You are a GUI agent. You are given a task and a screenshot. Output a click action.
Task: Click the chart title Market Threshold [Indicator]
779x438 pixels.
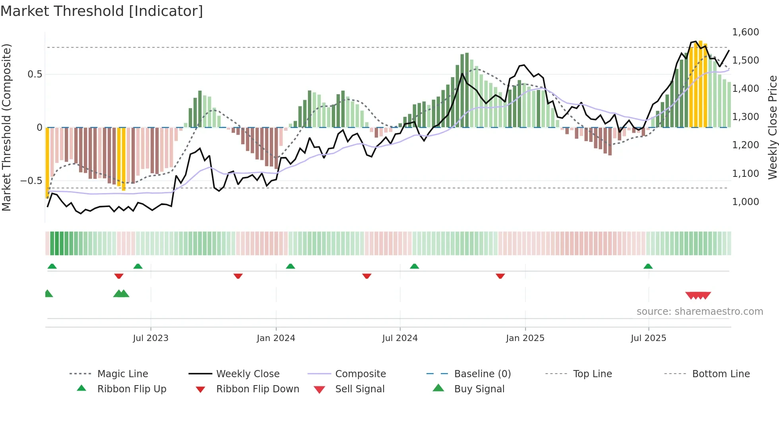pyautogui.click(x=102, y=11)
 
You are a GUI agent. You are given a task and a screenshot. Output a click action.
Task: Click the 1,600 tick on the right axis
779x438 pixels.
pyautogui.click(x=745, y=32)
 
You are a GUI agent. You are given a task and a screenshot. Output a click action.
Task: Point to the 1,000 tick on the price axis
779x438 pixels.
pyautogui.click(x=745, y=202)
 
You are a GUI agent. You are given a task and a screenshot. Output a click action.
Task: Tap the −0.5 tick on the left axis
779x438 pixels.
pyautogui.click(x=31, y=181)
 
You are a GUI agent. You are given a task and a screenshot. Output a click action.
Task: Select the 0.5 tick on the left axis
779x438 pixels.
pyautogui.click(x=35, y=74)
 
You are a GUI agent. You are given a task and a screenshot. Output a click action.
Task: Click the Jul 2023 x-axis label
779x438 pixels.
pyautogui.click(x=151, y=338)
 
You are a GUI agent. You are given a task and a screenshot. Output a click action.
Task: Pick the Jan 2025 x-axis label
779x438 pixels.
pyautogui.click(x=525, y=338)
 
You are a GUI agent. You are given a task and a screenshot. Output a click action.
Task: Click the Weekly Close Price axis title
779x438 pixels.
pyautogui.click(x=772, y=127)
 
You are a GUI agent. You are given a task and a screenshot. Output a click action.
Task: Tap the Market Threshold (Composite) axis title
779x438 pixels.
pyautogui.click(x=6, y=127)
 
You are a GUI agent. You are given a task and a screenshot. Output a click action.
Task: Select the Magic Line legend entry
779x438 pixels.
pyautogui.click(x=122, y=374)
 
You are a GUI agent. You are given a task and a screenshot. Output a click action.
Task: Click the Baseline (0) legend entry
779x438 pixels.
pyautogui.click(x=482, y=374)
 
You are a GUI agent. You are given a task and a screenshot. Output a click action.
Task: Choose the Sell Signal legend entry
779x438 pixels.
pyautogui.click(x=360, y=389)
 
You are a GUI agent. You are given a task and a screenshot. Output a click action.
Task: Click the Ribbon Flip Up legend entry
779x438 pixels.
pyautogui.click(x=132, y=389)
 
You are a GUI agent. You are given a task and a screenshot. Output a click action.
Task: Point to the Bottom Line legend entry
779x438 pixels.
pyautogui.click(x=721, y=374)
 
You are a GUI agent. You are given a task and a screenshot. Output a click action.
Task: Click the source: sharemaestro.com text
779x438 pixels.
pyautogui.click(x=700, y=312)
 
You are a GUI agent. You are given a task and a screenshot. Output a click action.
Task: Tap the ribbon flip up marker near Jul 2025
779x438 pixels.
pyautogui.click(x=648, y=266)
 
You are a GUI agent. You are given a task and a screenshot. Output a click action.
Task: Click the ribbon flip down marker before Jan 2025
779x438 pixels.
pyautogui.click(x=500, y=276)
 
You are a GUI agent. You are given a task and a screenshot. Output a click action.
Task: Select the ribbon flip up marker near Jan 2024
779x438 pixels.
pyautogui.click(x=291, y=266)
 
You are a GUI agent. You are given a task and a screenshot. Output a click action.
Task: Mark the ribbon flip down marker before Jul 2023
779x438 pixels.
pyautogui.click(x=119, y=276)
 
